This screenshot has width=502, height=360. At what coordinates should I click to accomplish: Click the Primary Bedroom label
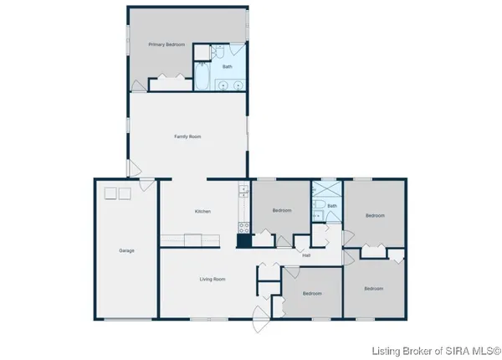point(166,44)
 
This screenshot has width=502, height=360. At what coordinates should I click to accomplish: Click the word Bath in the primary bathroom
point(227,67)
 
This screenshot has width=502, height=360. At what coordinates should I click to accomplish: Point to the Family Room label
point(187,136)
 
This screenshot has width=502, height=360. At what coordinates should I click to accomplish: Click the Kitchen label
point(202,211)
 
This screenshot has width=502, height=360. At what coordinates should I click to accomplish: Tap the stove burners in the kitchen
point(244,226)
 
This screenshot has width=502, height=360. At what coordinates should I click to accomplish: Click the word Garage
point(126,250)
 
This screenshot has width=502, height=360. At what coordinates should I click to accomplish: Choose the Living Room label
point(212,279)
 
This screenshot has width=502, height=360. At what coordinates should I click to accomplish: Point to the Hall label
point(306,255)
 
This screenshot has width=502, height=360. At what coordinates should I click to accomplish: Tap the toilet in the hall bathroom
point(318,206)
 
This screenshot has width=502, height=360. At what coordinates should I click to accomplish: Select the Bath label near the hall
point(332,206)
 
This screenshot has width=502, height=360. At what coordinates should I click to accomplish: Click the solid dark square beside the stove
point(243,241)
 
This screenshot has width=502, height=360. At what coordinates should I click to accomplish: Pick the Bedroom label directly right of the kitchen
point(282,210)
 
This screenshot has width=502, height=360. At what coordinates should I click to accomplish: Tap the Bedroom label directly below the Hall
point(312,293)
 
